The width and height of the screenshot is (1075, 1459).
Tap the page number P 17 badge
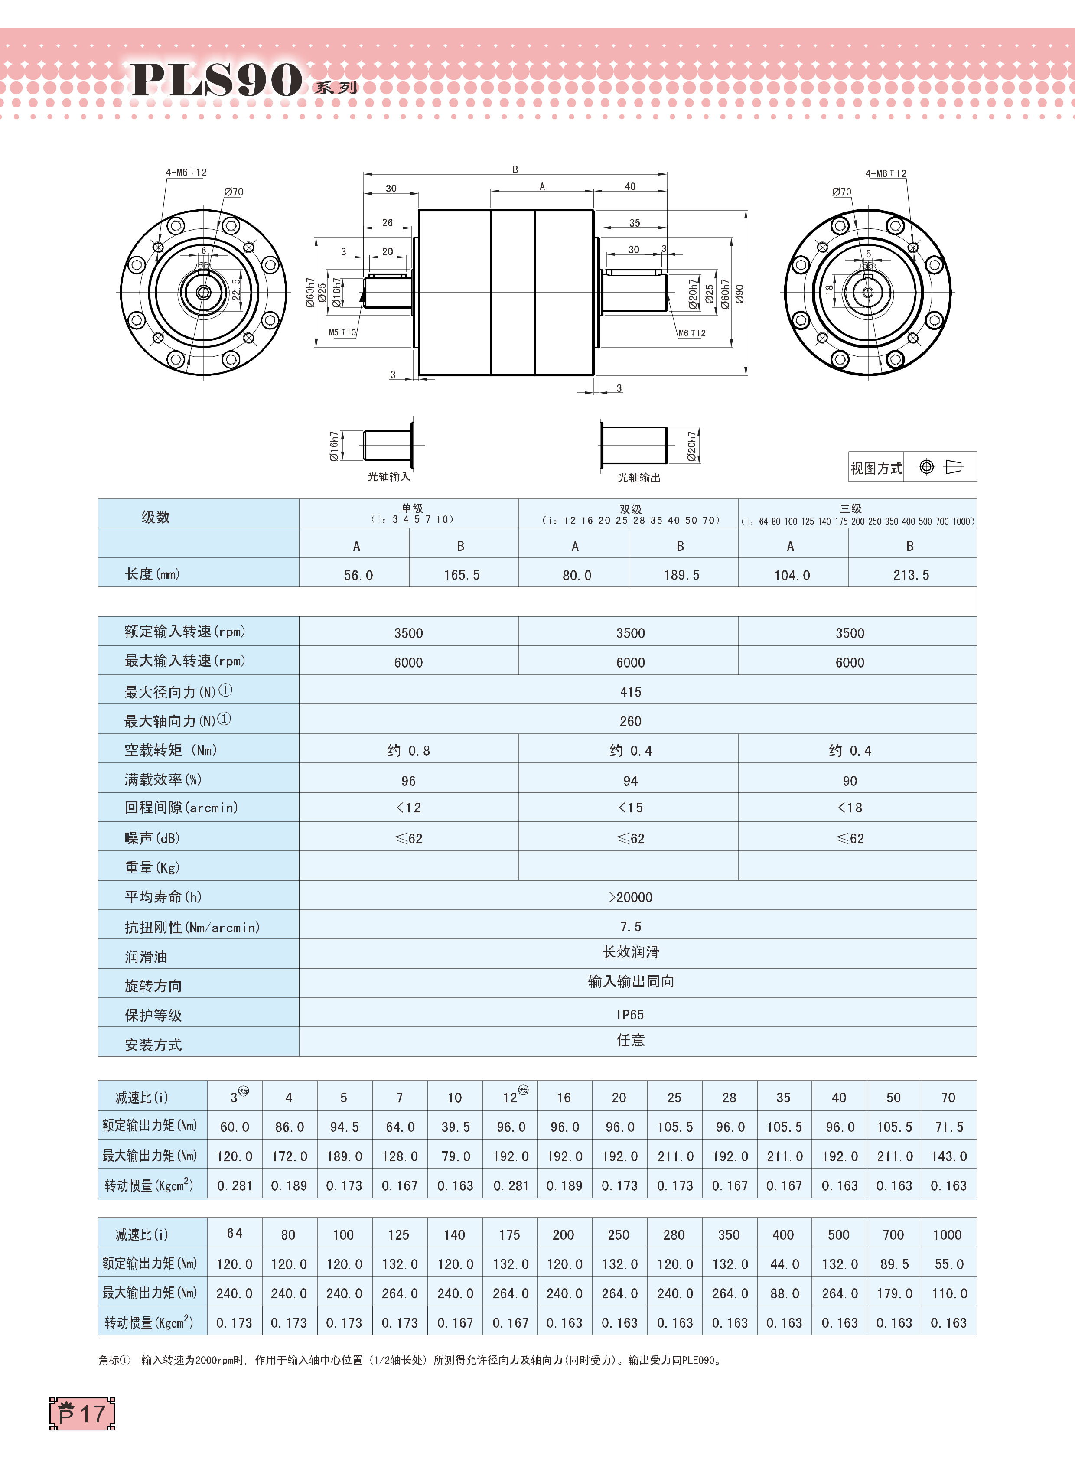pyautogui.click(x=82, y=1413)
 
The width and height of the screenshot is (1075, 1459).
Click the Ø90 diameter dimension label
pyautogui.click(x=739, y=293)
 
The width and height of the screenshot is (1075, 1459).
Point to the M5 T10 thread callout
pyautogui.click(x=342, y=332)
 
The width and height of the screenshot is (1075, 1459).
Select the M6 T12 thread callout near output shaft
pyautogui.click(x=692, y=333)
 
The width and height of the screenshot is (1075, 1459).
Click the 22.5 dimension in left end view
pyautogui.click(x=236, y=290)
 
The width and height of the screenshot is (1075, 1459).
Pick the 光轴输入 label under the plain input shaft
pyautogui.click(x=388, y=477)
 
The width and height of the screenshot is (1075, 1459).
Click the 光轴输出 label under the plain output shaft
pyautogui.click(x=638, y=478)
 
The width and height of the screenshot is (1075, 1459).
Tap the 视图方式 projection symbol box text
pyautogui.click(x=876, y=468)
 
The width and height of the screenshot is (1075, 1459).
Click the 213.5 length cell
pyautogui.click(x=911, y=575)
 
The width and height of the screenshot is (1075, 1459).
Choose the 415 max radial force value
pyautogui.click(x=630, y=692)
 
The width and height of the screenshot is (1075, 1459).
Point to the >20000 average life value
pyautogui.click(x=630, y=897)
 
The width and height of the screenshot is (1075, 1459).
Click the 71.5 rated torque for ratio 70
pyautogui.click(x=948, y=1127)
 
